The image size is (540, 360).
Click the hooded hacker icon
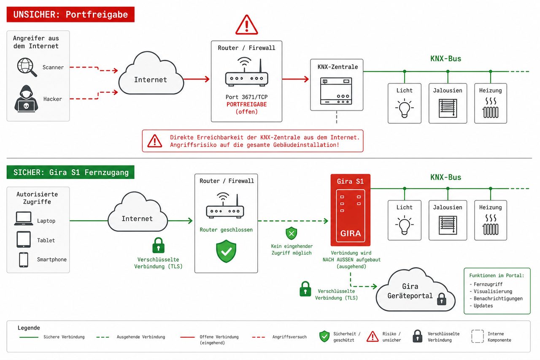[26, 98]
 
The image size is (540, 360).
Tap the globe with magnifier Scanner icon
[27, 67]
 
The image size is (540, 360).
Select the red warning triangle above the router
[246, 25]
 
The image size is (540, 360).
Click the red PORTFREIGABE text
[246, 104]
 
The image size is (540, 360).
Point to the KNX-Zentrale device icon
[336, 91]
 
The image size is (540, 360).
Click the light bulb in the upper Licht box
[404, 108]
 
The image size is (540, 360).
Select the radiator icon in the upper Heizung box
[490, 108]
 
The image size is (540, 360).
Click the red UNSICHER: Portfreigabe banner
[70, 14]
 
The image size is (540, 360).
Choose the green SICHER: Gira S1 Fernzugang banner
[70, 172]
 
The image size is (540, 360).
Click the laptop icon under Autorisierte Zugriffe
[23, 219]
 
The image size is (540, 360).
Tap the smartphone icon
[23, 260]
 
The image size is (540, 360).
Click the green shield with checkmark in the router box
[226, 251]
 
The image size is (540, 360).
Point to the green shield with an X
[291, 233]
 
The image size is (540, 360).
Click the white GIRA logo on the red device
[351, 233]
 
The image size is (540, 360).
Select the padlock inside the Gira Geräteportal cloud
[441, 299]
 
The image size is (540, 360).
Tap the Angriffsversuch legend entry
[279, 337]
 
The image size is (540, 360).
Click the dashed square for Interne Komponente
[477, 336]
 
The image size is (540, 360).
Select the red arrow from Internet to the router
[196, 79]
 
